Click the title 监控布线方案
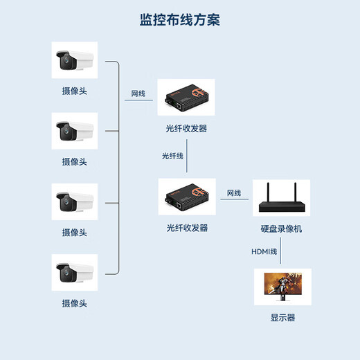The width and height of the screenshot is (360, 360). tap(179, 20)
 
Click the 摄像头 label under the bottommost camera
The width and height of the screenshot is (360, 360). tap(75, 303)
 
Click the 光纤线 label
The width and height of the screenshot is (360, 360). tap(172, 156)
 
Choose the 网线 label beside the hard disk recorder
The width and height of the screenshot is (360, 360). tap(234, 193)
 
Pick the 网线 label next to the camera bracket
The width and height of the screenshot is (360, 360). tap(138, 93)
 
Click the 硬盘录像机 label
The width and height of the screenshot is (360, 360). tap(281, 228)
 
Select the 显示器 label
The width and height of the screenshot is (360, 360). tap(282, 318)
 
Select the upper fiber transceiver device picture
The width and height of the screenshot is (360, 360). tap(186, 98)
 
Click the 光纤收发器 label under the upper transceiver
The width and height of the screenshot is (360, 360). tap(186, 129)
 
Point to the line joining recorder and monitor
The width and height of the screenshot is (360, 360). tap(281, 252)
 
